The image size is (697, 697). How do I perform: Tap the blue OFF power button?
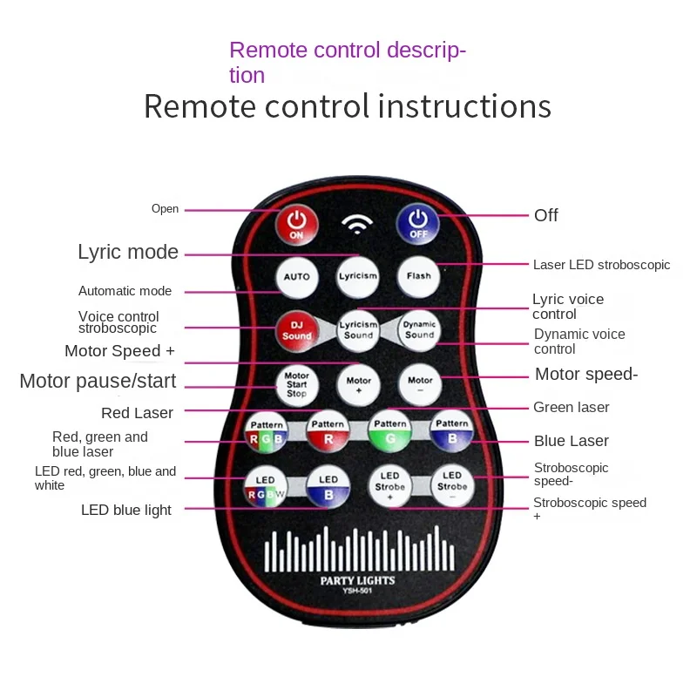pyautogui.click(x=418, y=224)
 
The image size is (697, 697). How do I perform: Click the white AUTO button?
pyautogui.click(x=296, y=277)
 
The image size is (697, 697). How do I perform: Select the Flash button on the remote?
pyautogui.click(x=418, y=276)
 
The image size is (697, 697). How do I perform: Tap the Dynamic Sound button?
pyautogui.click(x=419, y=330)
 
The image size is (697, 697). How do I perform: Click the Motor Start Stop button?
pyautogui.click(x=296, y=384)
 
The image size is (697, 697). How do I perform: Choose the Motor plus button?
pyautogui.click(x=358, y=384)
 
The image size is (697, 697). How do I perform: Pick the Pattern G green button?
pyautogui.click(x=389, y=431)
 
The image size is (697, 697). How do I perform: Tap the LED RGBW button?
pyautogui.click(x=266, y=487)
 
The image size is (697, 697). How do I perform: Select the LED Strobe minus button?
pyautogui.click(x=452, y=486)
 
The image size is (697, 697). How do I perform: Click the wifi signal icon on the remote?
pyautogui.click(x=357, y=224)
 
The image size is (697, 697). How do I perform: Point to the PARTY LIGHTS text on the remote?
pyautogui.click(x=357, y=580)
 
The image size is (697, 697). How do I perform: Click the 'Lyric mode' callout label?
pyautogui.click(x=128, y=252)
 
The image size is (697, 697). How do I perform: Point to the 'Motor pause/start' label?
pyautogui.click(x=98, y=381)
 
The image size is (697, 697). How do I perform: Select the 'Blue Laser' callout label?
pyautogui.click(x=572, y=441)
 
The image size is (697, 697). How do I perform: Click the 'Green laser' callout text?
pyautogui.click(x=572, y=407)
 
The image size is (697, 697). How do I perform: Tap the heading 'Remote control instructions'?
pyautogui.click(x=348, y=106)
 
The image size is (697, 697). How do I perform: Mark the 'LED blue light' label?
pyautogui.click(x=126, y=511)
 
